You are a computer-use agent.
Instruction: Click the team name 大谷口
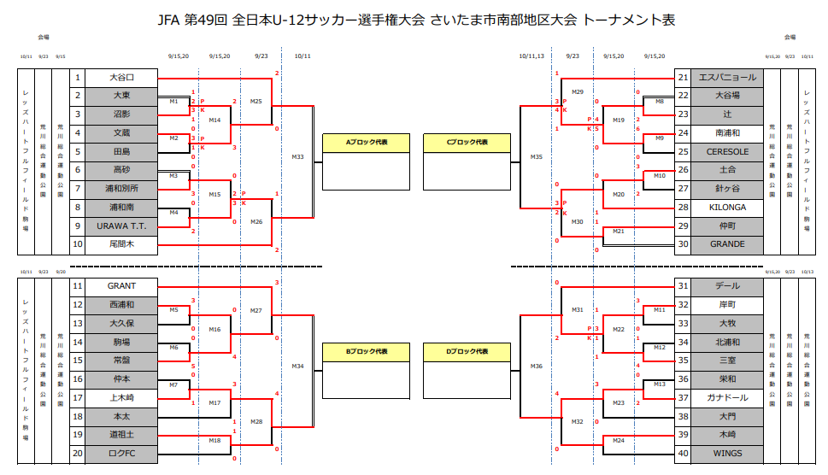pos(122,78)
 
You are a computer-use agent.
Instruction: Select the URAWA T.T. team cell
pos(122,226)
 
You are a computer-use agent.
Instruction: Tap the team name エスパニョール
pos(727,78)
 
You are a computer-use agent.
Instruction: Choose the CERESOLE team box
pos(727,152)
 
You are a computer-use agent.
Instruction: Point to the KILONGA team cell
pos(727,208)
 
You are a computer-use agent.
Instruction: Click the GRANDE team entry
pos(727,244)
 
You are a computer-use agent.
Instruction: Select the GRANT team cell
pos(122,286)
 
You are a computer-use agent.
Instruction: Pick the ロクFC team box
pos(122,453)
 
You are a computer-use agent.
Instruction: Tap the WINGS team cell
pos(727,453)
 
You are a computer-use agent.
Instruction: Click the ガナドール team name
pos(727,397)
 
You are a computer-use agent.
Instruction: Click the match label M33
pos(297,156)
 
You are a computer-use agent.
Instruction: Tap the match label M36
pos(536,366)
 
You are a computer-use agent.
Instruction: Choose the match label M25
pos(256,101)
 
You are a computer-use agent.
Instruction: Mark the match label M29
pos(578,91)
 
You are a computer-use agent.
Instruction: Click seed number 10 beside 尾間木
pos(78,244)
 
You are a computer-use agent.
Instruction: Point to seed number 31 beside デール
pos(683,286)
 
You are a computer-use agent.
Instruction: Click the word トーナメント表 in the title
pos(629,19)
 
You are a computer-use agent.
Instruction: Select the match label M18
pos(214,440)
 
